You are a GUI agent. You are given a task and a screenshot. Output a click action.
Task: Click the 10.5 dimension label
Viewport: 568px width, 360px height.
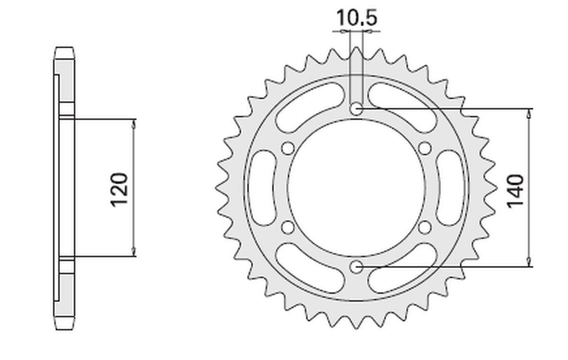356,18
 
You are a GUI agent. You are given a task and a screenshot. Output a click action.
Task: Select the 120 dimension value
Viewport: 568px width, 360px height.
120,189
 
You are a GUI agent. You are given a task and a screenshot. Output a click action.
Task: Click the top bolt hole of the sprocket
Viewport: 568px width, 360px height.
356,109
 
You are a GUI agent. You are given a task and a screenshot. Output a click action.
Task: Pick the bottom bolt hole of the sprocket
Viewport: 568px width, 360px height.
356,268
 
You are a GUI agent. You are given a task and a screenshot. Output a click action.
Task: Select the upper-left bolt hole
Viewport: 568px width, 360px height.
287,149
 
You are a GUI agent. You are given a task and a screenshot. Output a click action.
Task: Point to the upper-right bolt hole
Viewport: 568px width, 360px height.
425,149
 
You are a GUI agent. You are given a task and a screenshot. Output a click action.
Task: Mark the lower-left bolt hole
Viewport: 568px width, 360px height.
287,228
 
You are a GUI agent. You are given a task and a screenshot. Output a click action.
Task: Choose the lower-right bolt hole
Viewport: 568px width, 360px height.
425,228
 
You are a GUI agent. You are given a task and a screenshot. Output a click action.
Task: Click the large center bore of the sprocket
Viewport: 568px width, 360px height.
356,189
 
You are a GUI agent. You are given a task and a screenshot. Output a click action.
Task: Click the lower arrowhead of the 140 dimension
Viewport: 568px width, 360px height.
529,263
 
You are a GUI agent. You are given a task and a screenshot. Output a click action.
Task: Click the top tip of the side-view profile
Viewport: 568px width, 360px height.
64,48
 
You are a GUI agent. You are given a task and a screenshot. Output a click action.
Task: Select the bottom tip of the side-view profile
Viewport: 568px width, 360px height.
64,329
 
